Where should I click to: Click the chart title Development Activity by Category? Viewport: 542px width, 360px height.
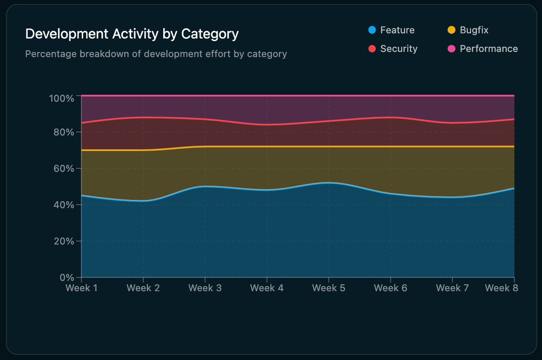click(132, 34)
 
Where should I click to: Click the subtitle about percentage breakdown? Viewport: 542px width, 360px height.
click(156, 54)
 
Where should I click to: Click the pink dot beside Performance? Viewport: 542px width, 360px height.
click(451, 49)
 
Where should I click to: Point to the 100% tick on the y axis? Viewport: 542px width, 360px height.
click(61, 98)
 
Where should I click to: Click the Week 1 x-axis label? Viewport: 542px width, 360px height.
click(81, 288)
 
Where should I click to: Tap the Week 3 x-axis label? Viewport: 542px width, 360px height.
click(205, 288)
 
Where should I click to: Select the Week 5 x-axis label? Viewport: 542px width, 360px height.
click(329, 288)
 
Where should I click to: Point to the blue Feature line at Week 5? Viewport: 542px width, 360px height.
click(329, 183)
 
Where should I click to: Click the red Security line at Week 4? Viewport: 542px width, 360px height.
click(267, 125)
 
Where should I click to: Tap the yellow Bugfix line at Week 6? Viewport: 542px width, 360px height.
click(390, 146)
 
